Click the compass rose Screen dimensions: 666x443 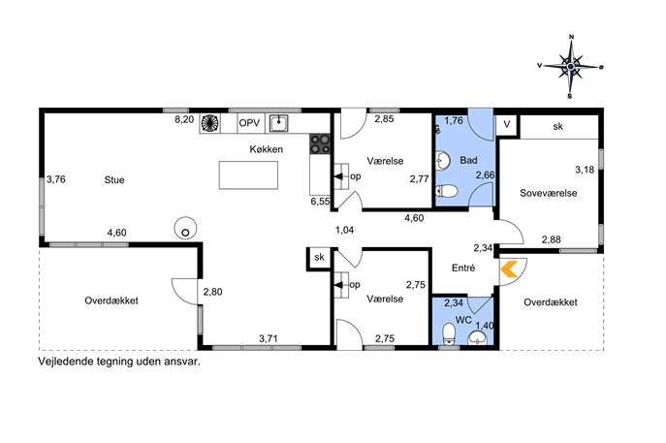571,66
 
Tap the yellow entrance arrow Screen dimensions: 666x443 508,269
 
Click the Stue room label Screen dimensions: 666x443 114,180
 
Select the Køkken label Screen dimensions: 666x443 266,149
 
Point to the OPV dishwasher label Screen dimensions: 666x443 249,123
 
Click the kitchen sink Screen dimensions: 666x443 278,123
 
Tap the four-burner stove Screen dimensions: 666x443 320,143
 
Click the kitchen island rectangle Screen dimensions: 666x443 248,175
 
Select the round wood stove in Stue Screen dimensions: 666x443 185,228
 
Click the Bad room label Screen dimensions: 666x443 468,161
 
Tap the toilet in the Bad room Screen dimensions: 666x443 446,191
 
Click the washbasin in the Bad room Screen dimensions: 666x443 443,161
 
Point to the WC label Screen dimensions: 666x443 463,320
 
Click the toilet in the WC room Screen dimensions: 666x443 449,333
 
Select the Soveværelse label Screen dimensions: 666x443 549,193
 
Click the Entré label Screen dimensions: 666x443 463,268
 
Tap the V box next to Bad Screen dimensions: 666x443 507,124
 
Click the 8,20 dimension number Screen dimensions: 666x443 184,120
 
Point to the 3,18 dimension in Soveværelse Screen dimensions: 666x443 585,170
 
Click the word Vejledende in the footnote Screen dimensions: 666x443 64,362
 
